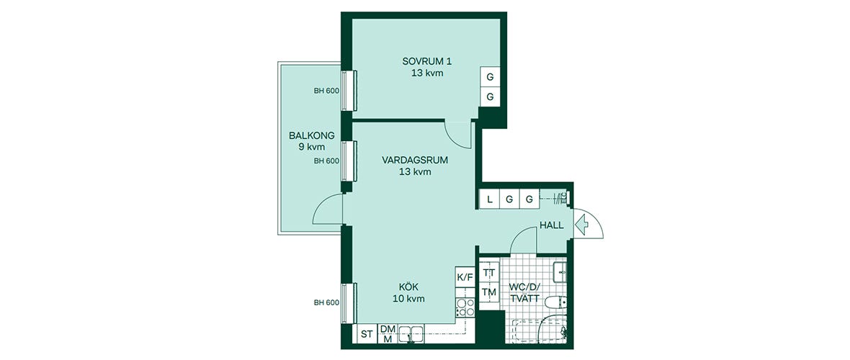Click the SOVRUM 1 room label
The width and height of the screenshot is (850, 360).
click(426, 60)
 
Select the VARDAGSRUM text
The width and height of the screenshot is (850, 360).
click(416, 161)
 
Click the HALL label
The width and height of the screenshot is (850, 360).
click(552, 226)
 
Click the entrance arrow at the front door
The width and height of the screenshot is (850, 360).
click(582, 222)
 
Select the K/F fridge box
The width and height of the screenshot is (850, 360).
click(465, 277)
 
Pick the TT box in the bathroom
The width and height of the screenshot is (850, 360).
click(490, 272)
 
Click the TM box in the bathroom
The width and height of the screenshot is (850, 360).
click(490, 292)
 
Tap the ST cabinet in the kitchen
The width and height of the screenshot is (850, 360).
click(367, 334)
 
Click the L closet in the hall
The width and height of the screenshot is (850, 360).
click(490, 199)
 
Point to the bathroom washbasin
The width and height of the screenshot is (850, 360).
click(560, 271)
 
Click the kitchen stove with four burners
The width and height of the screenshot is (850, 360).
click(465, 307)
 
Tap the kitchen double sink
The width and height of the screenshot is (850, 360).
click(412, 334)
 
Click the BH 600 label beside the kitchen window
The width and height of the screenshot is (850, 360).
click(326, 302)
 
